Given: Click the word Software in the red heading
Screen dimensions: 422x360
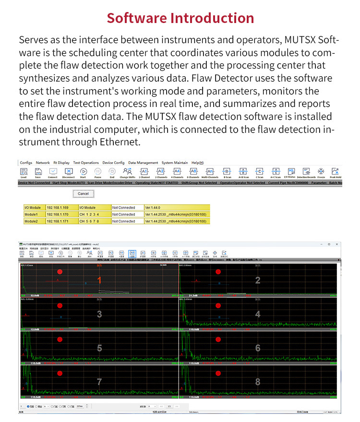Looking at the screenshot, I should click(136, 18).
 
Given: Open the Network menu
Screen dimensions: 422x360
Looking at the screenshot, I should click(43, 163).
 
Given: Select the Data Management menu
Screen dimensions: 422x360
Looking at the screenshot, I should click(143, 163).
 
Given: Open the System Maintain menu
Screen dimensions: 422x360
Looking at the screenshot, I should click(175, 163).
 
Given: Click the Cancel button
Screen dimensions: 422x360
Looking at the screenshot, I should click(84, 194).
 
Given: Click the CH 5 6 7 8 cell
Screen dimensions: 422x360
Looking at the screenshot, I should click(90, 222).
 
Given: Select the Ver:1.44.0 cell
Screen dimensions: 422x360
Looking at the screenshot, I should click(155, 208).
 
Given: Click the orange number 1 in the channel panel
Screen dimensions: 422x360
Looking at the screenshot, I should click(99, 280).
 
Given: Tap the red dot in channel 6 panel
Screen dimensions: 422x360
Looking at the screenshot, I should click(218, 339).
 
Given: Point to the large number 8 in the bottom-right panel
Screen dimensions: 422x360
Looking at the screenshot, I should click(258, 382).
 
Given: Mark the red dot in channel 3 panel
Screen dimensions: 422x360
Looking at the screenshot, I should click(60, 305).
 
